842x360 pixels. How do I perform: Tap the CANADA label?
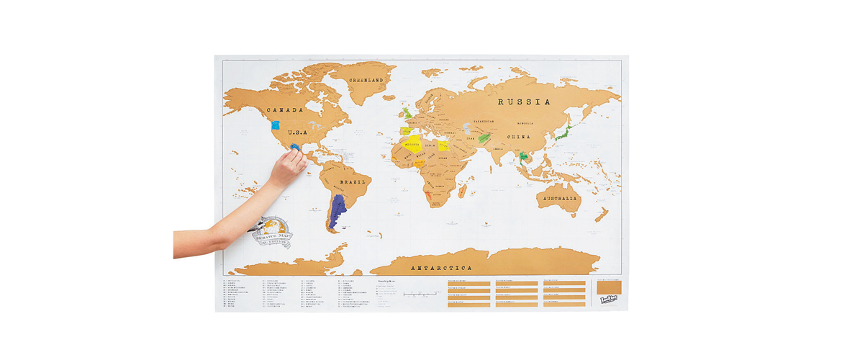coord(284,110)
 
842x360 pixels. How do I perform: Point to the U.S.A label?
coord(299,133)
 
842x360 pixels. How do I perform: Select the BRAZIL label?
coord(353,182)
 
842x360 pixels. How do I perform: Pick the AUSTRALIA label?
coord(559,198)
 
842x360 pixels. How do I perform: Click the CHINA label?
coord(517,137)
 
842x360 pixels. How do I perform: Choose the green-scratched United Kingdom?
coord(407,113)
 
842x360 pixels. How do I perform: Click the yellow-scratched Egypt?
coord(444,145)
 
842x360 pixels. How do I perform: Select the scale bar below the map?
coord(420,294)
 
